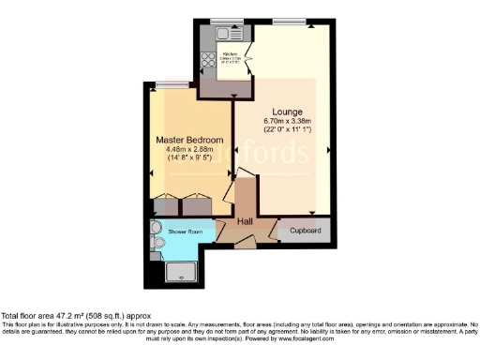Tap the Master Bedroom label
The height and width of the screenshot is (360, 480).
click(188, 140)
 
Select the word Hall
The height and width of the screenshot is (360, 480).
click(245, 221)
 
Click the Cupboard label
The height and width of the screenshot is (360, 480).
click(306, 230)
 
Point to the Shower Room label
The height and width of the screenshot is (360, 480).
click(186, 231)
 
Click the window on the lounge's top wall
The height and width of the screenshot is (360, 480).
click(287, 21)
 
